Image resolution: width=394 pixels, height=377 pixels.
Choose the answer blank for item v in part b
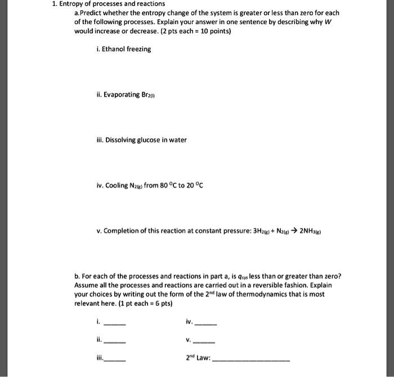(204, 341)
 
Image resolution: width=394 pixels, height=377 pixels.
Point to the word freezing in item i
(139, 49)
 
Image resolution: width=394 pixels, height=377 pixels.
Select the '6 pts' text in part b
(163, 303)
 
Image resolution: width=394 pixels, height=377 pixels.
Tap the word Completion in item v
(122, 230)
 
